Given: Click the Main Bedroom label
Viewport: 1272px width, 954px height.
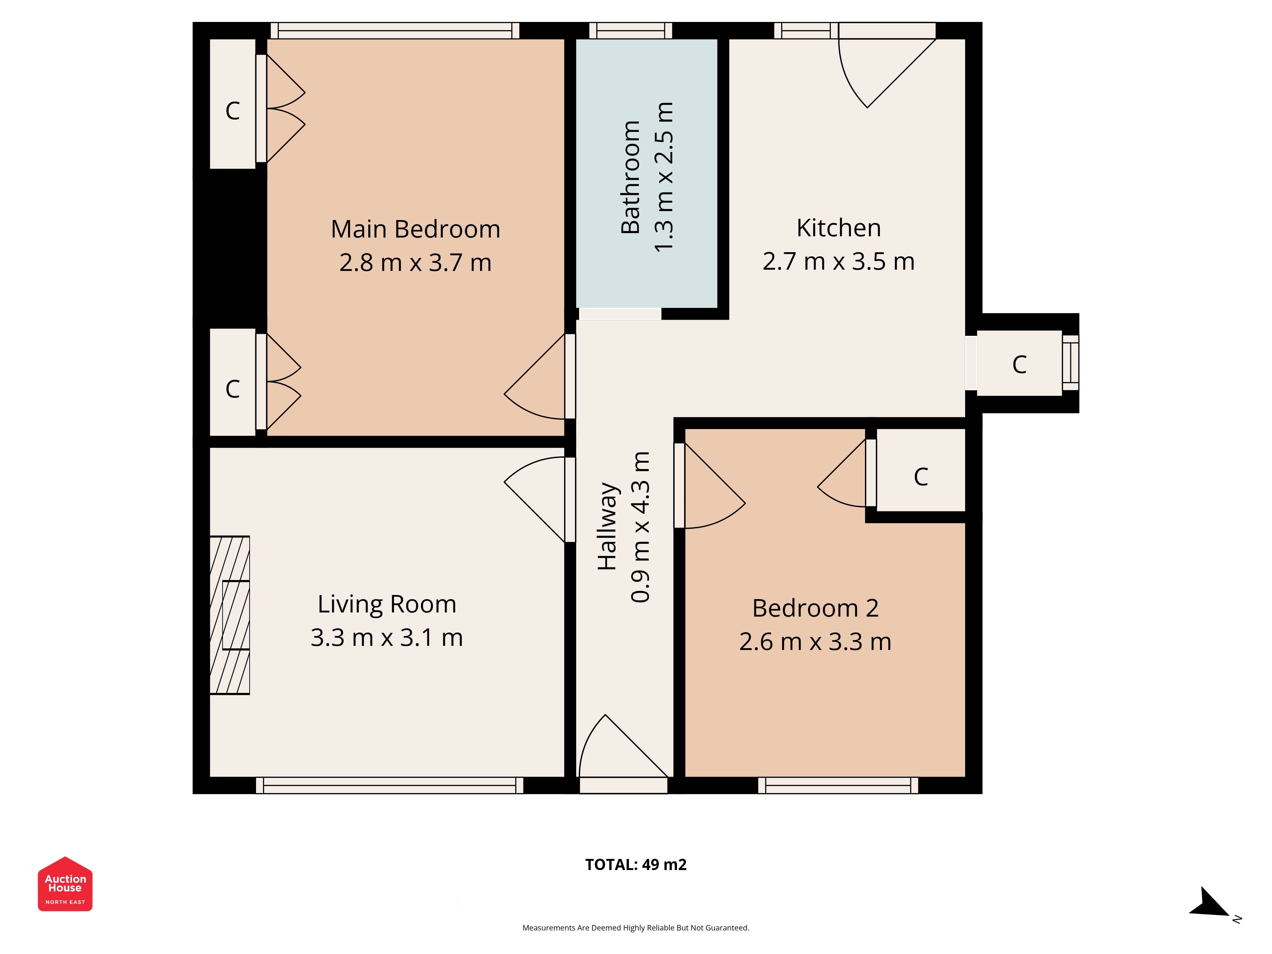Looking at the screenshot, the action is click(x=415, y=229).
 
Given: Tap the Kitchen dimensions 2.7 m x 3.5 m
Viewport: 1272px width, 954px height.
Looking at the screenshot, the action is click(x=839, y=262).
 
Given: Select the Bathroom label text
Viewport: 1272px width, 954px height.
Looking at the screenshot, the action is click(x=631, y=177).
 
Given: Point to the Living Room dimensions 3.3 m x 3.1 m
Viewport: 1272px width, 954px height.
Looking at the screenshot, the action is click(x=386, y=638).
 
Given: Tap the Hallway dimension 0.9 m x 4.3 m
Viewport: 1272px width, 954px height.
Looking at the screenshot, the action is click(x=640, y=527).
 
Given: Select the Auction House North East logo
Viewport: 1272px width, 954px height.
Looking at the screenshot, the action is click(x=65, y=884).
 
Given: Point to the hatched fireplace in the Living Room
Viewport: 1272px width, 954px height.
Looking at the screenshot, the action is click(x=230, y=615).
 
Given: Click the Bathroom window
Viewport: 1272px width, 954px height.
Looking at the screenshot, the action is click(x=631, y=31).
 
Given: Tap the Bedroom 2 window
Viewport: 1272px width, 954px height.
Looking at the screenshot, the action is click(x=838, y=785).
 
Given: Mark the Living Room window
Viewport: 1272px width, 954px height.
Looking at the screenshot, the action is click(x=389, y=785).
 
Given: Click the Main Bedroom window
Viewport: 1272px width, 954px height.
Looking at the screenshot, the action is click(x=395, y=31).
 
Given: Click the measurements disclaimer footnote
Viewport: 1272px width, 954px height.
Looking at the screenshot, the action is click(x=635, y=928).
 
